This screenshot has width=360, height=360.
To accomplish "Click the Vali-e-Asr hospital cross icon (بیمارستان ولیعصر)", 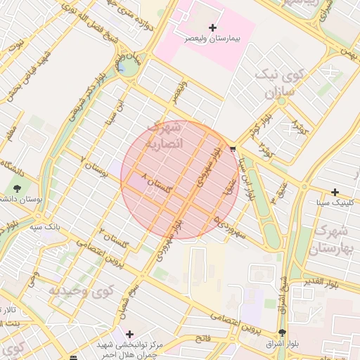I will tap(214, 27).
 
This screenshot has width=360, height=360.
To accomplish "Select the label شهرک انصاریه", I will tap(162, 135).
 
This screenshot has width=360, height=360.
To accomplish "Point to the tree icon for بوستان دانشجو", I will tap(17, 188).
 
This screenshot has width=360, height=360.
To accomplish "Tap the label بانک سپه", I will tap(44, 227).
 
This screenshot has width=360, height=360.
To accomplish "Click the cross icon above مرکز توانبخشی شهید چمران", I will tap(128, 333).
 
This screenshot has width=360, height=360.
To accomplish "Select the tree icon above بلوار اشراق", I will tap(283, 333).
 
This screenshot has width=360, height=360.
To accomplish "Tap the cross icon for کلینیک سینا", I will tap(335, 192).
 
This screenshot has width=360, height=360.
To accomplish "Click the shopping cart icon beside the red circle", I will tap(233, 148).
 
